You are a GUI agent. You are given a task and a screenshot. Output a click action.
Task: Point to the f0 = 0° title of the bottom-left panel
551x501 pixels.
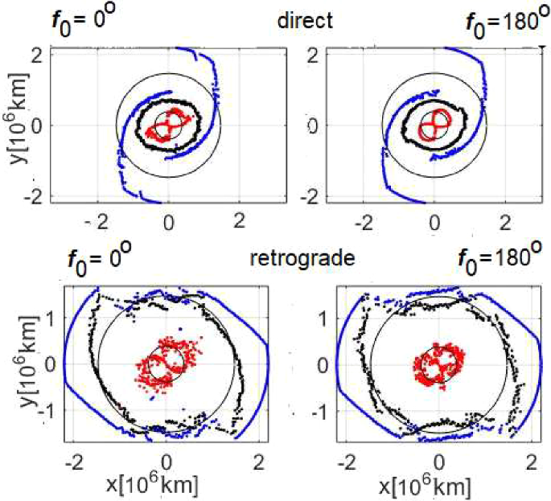101,261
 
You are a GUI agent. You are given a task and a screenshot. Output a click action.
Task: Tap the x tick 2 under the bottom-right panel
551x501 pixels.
532,464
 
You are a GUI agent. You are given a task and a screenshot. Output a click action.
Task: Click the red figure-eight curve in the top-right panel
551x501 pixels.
435,125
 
